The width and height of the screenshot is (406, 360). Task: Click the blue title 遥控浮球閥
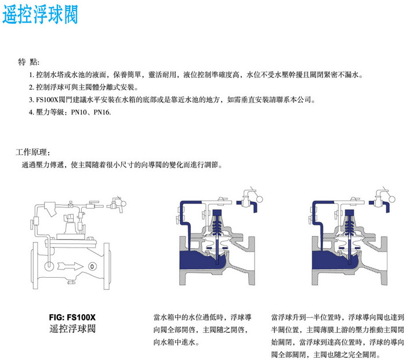coord(40,14)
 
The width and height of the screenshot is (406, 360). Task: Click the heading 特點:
coord(28,62)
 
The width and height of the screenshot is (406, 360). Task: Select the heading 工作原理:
coord(32,152)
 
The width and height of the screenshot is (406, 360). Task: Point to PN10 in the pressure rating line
coord(79,112)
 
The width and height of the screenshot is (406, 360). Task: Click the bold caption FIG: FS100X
coord(72,317)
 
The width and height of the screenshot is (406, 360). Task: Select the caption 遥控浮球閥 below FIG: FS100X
coord(72,329)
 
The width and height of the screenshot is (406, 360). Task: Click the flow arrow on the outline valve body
coord(70,266)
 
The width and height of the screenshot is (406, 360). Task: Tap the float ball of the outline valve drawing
coord(124,203)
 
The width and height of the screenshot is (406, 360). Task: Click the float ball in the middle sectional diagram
coord(259,199)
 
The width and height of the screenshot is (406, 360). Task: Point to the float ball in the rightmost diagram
coord(391,199)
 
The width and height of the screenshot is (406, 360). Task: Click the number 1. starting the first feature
coord(31,75)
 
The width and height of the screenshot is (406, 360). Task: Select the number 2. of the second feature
coord(31,88)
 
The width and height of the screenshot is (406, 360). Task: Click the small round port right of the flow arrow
coord(92,266)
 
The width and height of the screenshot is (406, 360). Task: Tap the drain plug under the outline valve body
coord(71,281)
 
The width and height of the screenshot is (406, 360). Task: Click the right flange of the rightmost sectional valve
coord(384,261)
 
